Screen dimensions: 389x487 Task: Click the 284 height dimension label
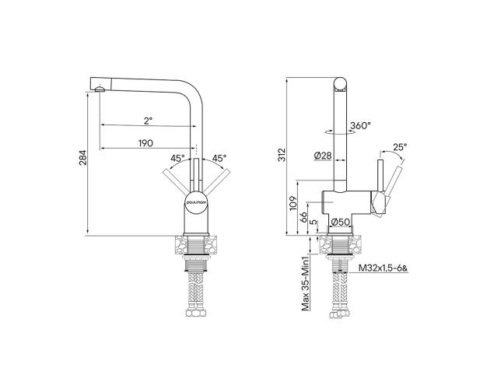[x=82, y=159]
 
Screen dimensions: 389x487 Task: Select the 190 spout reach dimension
[x=145, y=142]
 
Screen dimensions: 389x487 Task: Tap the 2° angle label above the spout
[x=147, y=121]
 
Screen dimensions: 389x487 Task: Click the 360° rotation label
[x=360, y=125]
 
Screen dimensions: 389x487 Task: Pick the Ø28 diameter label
[x=323, y=156]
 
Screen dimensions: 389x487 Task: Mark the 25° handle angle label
[x=400, y=146]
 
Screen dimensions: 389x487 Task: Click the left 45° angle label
[x=177, y=158]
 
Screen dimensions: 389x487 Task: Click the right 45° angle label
[x=219, y=158]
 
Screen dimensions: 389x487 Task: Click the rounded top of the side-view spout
[x=340, y=82]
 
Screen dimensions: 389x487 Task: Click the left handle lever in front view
[x=173, y=178]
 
